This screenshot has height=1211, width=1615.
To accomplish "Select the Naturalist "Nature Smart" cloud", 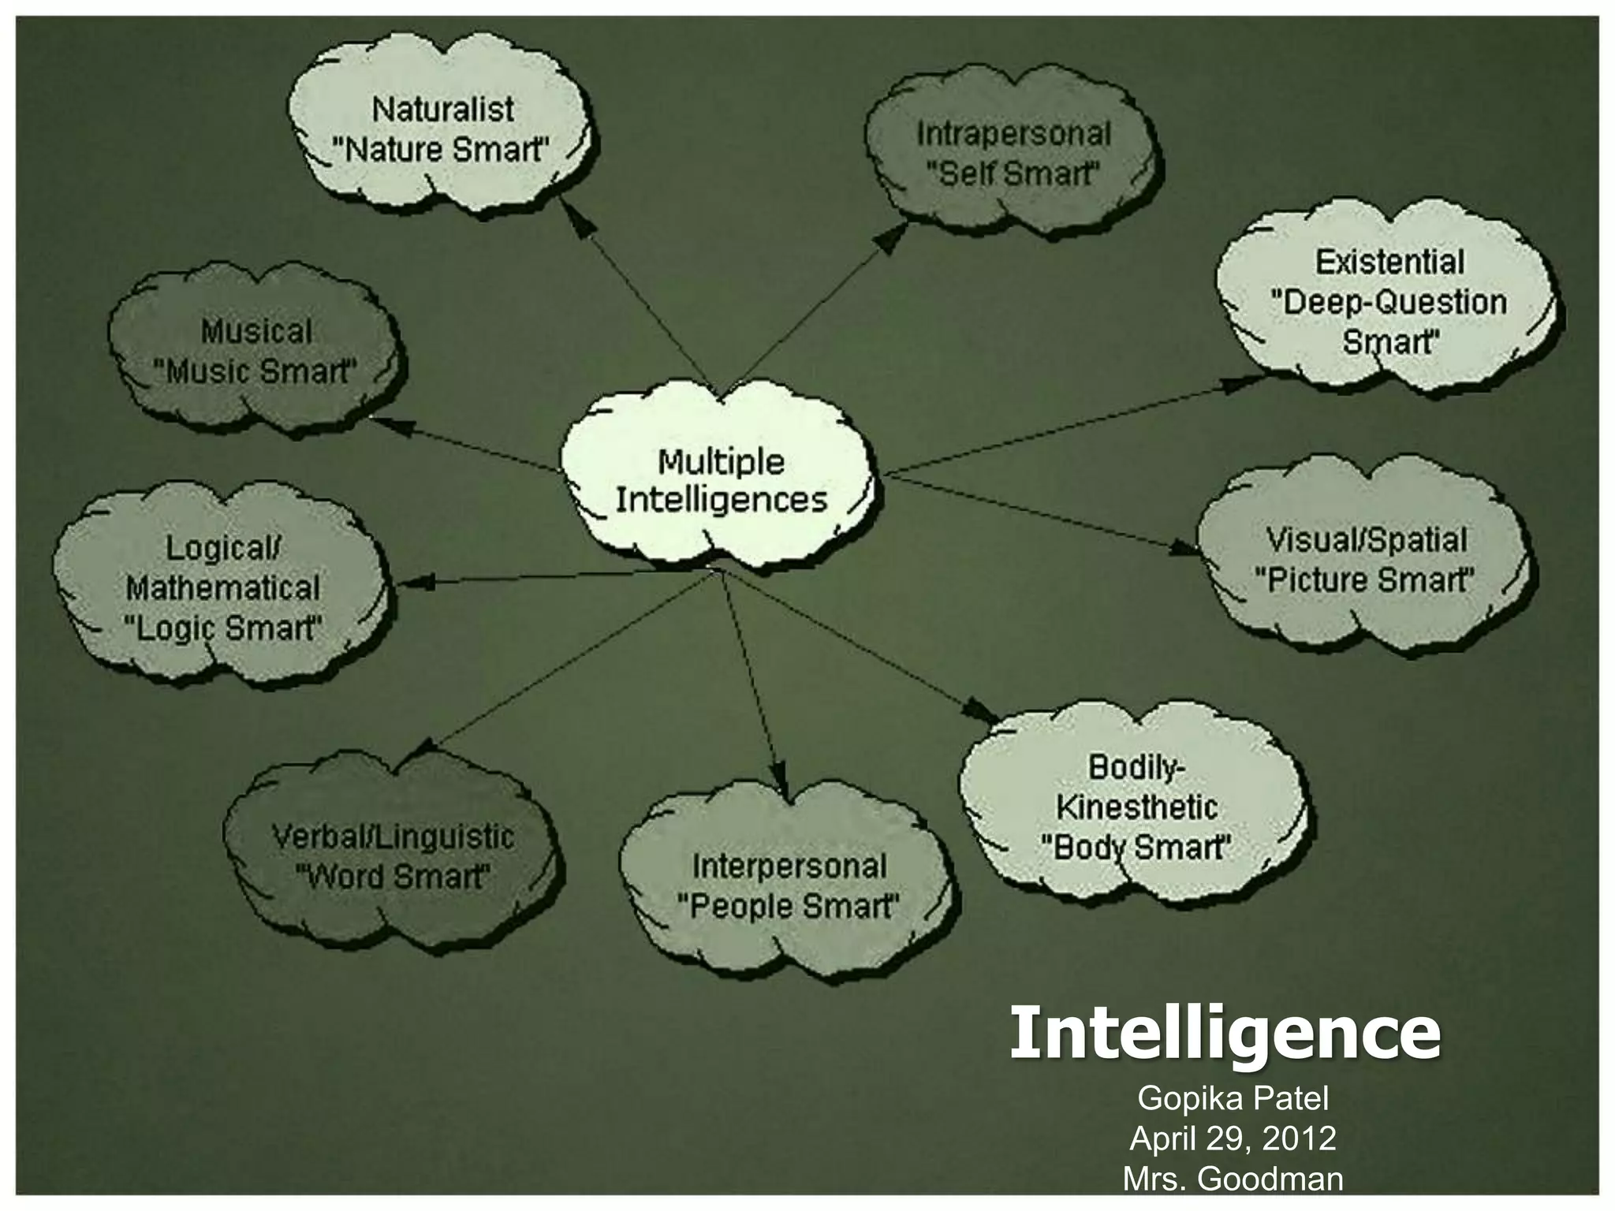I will point(442,129).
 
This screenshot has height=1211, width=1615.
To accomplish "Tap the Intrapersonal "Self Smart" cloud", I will point(1013,153).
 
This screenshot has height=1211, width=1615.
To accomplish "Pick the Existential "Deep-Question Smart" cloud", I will point(1388,303).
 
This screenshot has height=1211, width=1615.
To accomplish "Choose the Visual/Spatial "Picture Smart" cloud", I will point(1365,559).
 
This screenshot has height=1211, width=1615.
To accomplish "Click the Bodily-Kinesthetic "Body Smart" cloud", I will point(1136,807).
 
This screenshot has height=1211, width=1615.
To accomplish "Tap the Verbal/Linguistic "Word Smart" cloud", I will point(392,855).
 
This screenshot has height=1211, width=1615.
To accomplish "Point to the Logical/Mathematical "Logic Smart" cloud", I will point(222,588).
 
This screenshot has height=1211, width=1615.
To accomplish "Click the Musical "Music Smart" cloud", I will point(256,352).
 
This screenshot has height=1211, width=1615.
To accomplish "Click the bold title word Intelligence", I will point(1225,1033).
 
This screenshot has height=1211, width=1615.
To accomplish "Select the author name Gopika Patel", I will point(1233,1098).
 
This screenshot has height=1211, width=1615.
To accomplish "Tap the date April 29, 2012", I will point(1233,1138).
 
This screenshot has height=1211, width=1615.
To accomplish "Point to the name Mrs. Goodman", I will point(1233,1179).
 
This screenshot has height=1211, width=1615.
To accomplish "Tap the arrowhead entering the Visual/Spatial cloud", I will point(1184,549).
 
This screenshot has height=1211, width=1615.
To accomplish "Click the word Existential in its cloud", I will point(1389,263).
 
